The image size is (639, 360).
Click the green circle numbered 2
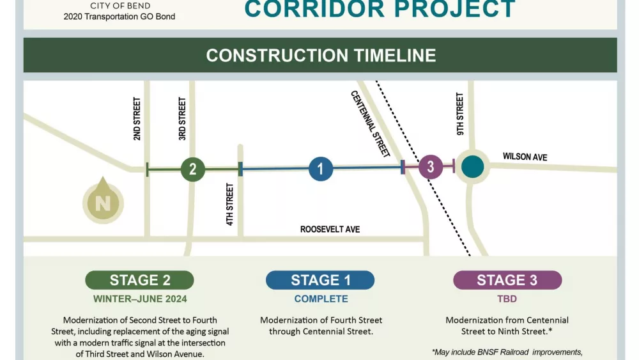click(192, 169)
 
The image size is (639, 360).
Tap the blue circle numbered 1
click(321, 169)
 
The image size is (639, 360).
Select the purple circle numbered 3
click(431, 167)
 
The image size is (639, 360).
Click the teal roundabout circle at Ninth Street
click(472, 166)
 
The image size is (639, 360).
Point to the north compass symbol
click(102, 202)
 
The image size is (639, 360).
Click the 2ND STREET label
click(137, 119)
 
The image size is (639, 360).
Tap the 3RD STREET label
click(182, 119)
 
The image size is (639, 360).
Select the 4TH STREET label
click(230, 205)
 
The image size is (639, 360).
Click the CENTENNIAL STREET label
click(371, 123)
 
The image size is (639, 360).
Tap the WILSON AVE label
click(525, 157)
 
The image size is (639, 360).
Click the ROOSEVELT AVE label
click(330, 229)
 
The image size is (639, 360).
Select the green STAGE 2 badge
click(139, 280)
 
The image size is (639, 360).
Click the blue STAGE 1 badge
click(320, 280)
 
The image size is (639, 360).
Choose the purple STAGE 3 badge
click(507, 280)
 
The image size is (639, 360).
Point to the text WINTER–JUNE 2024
click(139, 299)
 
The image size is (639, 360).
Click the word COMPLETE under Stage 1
click(321, 299)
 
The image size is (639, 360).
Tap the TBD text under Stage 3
click(507, 299)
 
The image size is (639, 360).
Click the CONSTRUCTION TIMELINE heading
click(321, 55)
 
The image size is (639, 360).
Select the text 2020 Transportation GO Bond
click(119, 17)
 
